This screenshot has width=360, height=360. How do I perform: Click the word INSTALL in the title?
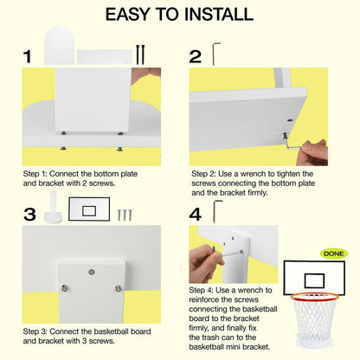(x=219, y=14)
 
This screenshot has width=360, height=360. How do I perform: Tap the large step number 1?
(x=28, y=56)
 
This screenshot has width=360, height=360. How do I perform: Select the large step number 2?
(x=195, y=56)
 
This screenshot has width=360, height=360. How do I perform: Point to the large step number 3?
(x=29, y=215)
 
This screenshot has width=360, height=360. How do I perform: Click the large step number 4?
(x=196, y=215)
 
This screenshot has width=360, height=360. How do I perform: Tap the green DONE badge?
(x=334, y=254)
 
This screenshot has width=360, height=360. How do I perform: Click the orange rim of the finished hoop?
(x=314, y=295)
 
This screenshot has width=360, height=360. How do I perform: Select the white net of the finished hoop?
(x=314, y=316)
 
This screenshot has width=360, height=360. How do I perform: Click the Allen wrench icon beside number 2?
(x=216, y=54)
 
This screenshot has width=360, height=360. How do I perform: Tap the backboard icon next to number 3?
(x=89, y=209)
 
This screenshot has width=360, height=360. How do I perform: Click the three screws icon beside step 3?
(x=125, y=215)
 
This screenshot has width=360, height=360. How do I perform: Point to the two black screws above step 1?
(x=140, y=55)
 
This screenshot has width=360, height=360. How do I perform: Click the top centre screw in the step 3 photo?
(x=92, y=272)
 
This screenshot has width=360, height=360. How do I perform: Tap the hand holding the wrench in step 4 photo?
(x=206, y=263)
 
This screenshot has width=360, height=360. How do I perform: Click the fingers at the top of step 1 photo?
(x=146, y=76)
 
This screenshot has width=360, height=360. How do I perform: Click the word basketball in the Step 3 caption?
(x=111, y=331)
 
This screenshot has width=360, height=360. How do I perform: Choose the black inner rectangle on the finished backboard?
(x=314, y=280)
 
